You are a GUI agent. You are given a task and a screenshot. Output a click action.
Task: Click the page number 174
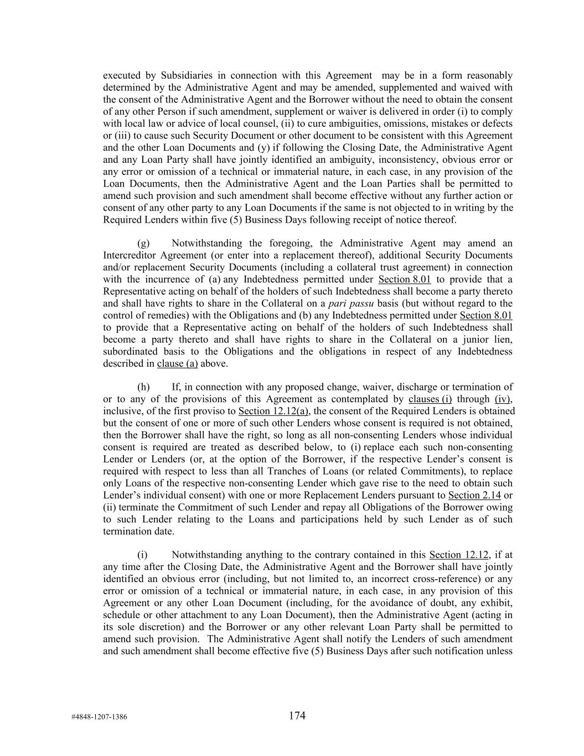pos(297,716)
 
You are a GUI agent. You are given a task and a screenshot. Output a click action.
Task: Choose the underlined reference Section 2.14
pos(474,495)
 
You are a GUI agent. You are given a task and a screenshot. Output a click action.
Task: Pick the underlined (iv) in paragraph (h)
pos(503,399)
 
